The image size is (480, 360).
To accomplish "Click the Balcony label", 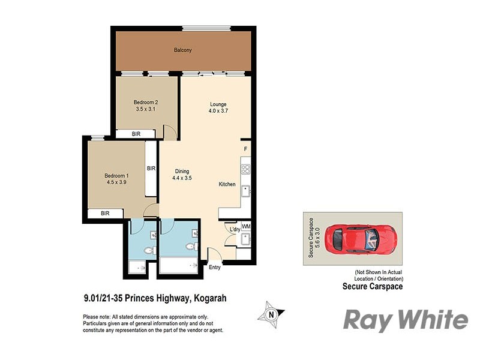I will (182, 50).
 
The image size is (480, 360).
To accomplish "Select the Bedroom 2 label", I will (145, 102).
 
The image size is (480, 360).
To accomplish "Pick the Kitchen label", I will (227, 184).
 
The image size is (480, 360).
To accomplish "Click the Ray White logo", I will (405, 320).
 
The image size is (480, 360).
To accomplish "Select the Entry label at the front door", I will (214, 267).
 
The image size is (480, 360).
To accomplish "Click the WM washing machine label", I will (245, 226).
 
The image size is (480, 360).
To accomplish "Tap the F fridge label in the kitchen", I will (245, 148).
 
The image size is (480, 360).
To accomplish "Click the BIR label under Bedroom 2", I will (136, 134).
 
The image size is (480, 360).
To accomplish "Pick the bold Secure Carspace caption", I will (372, 287).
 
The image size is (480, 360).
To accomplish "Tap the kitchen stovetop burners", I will (245, 166).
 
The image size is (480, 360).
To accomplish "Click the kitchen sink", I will (245, 192).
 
